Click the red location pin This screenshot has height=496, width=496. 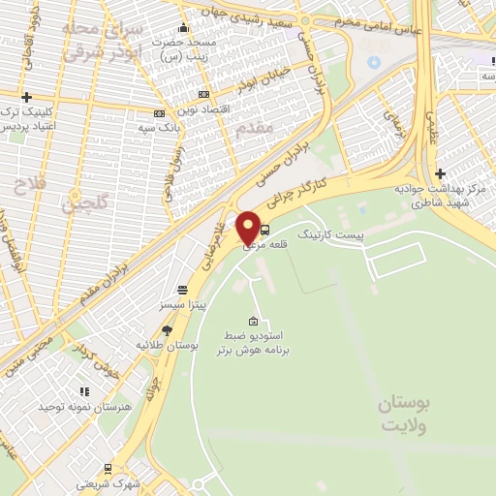248,229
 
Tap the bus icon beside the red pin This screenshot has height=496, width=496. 265,230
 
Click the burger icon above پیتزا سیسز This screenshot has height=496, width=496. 181,289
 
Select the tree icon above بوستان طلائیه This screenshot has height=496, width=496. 167,330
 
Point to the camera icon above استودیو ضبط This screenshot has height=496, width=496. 254,322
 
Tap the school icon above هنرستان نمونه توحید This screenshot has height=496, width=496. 84,392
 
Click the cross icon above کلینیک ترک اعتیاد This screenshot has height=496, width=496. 26,97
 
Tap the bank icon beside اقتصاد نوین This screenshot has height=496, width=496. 202,94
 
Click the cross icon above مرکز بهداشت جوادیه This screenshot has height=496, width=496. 440,173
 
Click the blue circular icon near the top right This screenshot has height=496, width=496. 374,63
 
